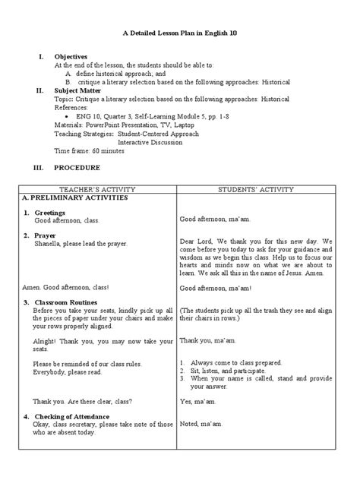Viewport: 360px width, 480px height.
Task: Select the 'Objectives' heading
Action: click(71, 57)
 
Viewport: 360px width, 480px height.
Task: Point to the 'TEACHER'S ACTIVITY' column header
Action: click(95, 187)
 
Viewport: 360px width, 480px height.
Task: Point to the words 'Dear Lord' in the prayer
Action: click(195, 241)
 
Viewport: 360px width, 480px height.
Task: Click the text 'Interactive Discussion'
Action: click(151, 141)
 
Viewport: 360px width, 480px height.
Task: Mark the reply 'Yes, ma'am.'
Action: click(196, 400)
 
